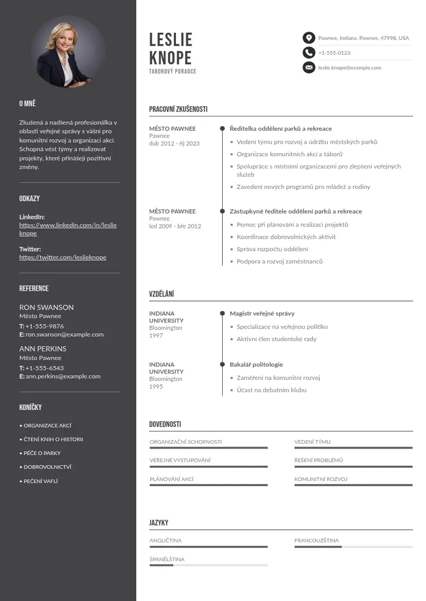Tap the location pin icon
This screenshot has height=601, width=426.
309,38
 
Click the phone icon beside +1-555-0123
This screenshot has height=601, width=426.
309,53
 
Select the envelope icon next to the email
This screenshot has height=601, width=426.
309,68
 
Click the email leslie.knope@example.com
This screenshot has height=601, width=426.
349,68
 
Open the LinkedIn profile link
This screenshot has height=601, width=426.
68,229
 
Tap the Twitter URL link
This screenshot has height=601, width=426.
63,258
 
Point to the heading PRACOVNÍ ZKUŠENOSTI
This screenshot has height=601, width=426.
178,109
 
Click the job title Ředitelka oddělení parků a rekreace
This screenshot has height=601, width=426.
281,129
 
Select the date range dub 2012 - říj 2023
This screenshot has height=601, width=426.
174,144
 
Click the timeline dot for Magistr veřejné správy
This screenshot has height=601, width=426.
222,313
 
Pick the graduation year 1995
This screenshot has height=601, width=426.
156,386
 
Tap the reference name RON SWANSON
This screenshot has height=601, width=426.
47,307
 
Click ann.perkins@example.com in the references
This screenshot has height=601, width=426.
63,376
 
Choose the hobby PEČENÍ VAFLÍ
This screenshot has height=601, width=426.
40,481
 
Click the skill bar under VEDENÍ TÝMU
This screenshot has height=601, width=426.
353,448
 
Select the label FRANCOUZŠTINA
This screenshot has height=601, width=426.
317,540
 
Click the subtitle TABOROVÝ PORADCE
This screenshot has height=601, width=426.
173,71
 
